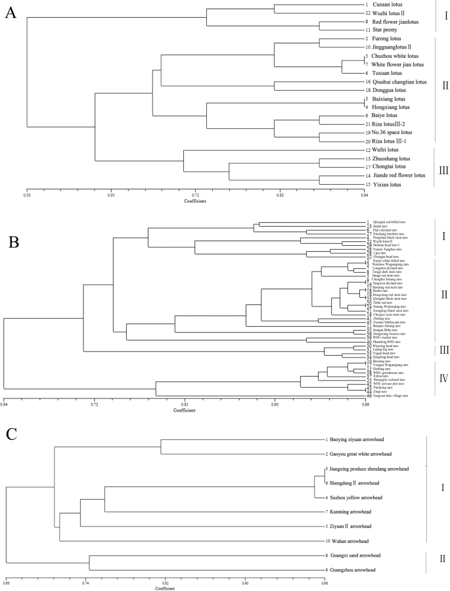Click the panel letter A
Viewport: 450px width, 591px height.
pyautogui.click(x=11, y=14)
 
